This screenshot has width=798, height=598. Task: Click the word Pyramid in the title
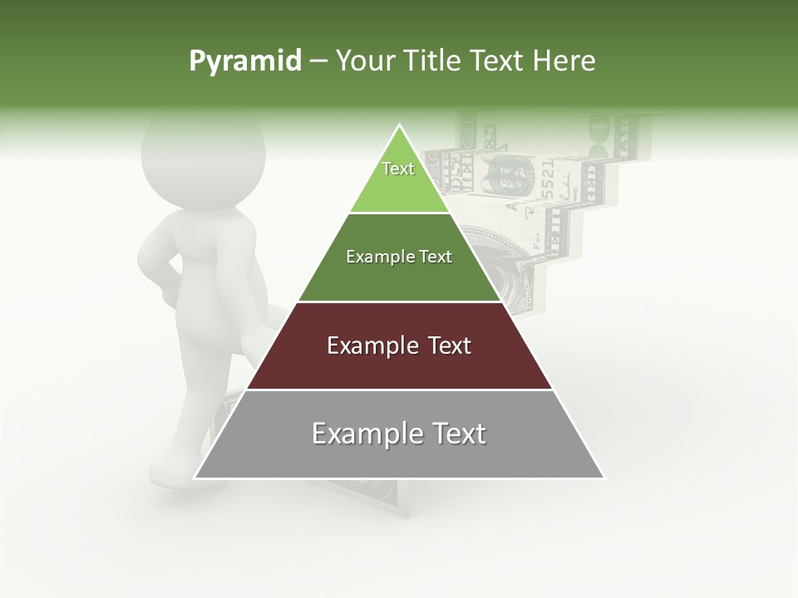point(244,61)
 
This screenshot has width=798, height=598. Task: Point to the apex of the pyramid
point(400,126)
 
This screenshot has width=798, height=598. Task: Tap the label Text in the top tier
point(398,169)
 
